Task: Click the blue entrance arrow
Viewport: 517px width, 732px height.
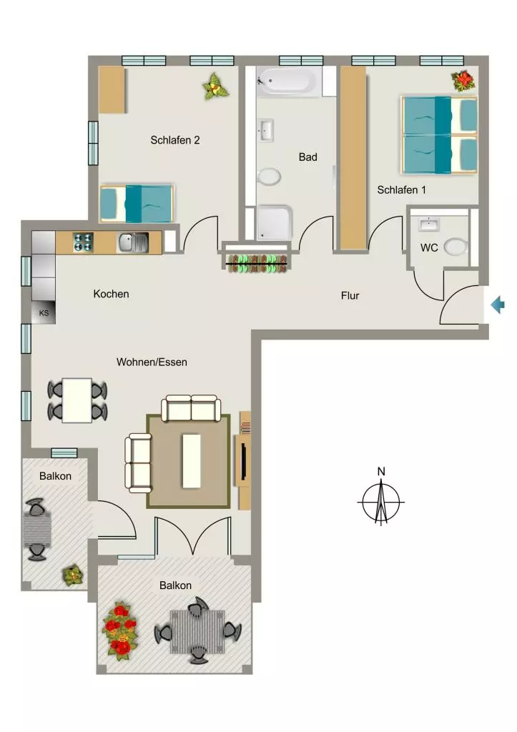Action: click(498, 305)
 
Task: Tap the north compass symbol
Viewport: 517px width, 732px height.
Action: click(381, 499)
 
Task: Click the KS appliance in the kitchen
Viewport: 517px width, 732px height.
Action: click(44, 312)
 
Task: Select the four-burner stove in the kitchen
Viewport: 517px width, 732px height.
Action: click(83, 242)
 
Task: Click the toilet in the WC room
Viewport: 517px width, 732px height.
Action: click(456, 247)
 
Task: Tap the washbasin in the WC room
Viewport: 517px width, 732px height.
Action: click(429, 224)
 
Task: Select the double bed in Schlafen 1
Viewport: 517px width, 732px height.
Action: click(440, 134)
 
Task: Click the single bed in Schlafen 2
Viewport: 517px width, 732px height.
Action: click(137, 204)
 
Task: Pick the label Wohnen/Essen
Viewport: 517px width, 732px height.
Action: click(152, 362)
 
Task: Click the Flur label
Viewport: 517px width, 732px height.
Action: click(350, 295)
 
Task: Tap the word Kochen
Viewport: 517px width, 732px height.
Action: click(111, 294)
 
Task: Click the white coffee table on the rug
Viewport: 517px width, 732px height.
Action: click(192, 461)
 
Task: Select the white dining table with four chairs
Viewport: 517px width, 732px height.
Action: click(77, 400)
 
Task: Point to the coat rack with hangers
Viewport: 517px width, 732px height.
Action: click(257, 264)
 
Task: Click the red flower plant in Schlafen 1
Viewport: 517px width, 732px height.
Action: click(463, 81)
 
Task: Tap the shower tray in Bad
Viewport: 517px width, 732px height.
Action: click(275, 222)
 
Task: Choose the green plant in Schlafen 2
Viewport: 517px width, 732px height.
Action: click(215, 86)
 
